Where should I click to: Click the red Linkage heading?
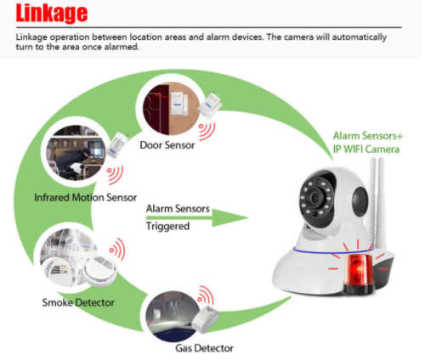pos(50,14)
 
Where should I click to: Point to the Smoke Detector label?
pos(78,301)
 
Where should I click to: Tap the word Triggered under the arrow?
pos(168,227)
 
